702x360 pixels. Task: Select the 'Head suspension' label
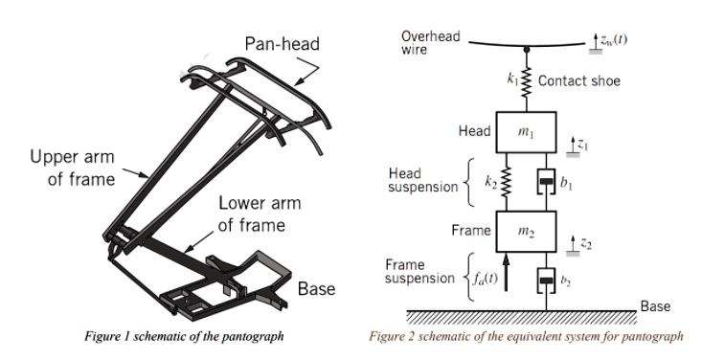(422, 182)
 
